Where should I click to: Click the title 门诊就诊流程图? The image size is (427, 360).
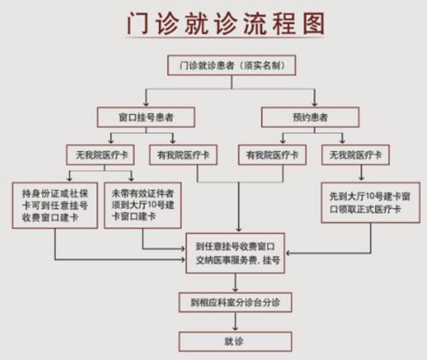coord(214,26)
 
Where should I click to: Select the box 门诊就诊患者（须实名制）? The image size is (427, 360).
coord(229,65)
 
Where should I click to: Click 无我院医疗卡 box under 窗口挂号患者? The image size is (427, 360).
coord(101,156)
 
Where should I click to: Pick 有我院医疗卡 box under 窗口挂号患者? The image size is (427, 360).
coord(183,156)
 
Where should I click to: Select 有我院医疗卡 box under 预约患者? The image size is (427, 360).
coord(272,156)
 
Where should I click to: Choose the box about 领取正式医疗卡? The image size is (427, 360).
coord(370,203)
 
